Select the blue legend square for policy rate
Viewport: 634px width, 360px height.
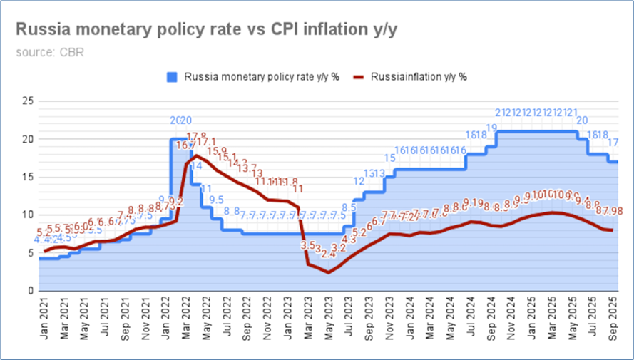(x=172, y=76)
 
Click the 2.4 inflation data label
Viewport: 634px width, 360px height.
(x=328, y=254)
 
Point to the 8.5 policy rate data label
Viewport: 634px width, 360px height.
(x=349, y=208)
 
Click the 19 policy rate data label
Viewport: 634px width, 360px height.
(x=491, y=129)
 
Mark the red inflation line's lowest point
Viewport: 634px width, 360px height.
(x=328, y=272)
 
